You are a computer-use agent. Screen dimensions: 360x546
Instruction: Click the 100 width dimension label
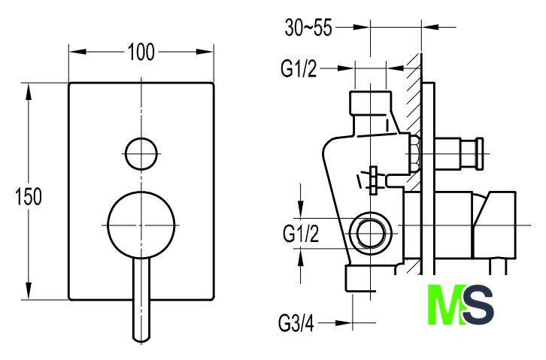[x=141, y=52]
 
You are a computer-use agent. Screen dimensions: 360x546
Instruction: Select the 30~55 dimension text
[x=308, y=28]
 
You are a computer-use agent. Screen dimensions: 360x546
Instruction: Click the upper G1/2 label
[x=299, y=70]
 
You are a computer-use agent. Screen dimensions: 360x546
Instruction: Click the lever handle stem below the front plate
[x=141, y=301]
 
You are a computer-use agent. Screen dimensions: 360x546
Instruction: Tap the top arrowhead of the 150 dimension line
[x=30, y=88]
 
